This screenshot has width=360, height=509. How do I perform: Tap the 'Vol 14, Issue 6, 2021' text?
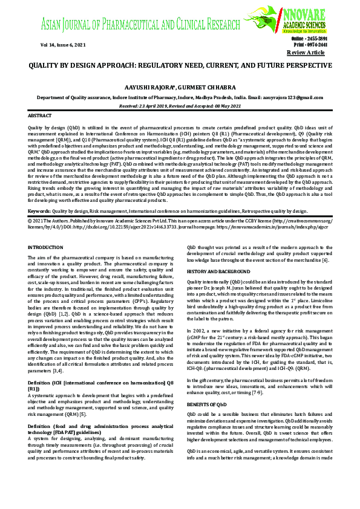click(x=51, y=45)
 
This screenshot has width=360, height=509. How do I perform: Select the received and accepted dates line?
click(x=180, y=105)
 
